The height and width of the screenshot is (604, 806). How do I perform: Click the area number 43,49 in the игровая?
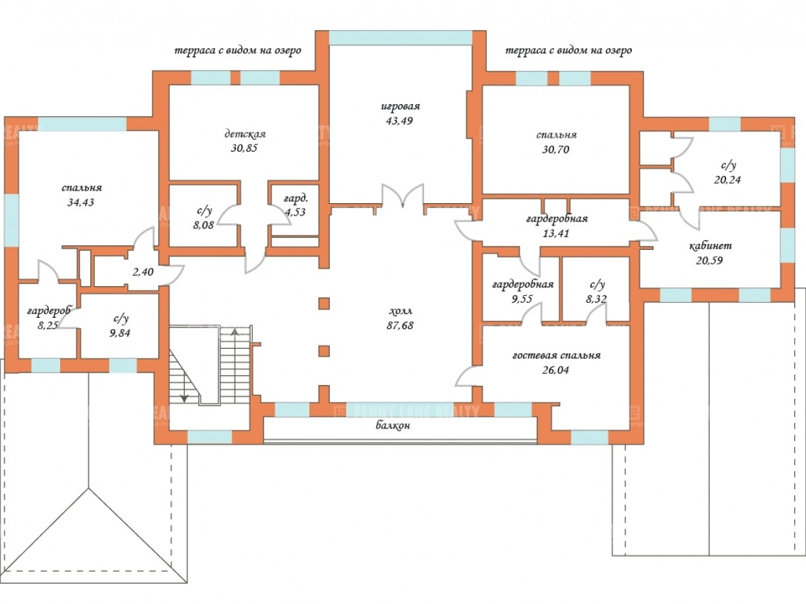point(400,121)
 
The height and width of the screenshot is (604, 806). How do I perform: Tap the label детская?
point(244,134)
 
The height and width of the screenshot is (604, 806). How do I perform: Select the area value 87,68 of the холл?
point(400,325)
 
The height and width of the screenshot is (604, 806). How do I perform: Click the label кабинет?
point(710,246)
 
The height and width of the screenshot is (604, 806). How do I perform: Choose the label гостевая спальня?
point(556,355)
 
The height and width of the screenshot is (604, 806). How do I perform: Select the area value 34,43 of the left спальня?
point(81,202)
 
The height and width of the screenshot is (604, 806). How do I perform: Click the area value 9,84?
point(119,332)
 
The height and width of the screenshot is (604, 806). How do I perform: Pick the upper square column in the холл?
point(324,303)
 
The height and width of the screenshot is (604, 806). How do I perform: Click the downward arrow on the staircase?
point(185,397)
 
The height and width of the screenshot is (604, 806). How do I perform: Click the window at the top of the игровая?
point(400,38)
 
